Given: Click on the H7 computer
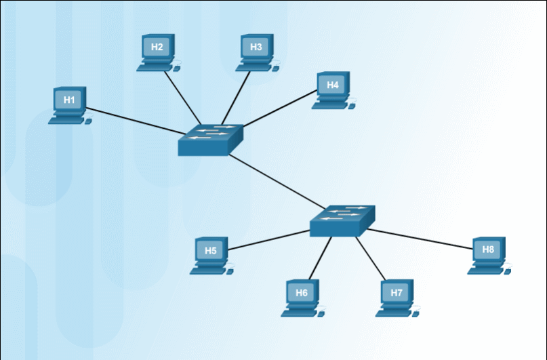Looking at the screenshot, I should point(397,298).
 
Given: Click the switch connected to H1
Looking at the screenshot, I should point(210,140).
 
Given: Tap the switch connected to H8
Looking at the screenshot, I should point(342,220).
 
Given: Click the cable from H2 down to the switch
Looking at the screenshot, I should point(182,98).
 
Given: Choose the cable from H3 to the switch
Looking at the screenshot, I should point(235,98).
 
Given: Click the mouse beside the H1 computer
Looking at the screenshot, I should point(88,121).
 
